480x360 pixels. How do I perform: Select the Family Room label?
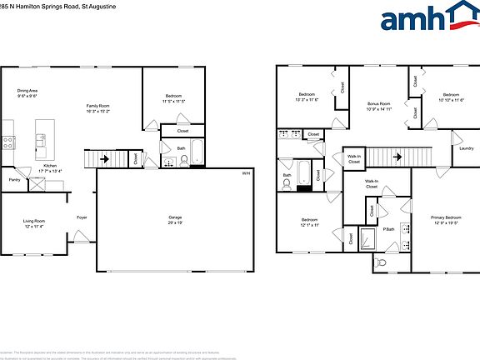click(98, 106)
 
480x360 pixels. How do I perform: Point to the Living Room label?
click(34, 221)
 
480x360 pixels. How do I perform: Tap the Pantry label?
click(14, 179)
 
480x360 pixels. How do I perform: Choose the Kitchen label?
click(50, 166)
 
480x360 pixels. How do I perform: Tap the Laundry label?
click(466, 148)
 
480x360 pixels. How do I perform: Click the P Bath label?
click(388, 228)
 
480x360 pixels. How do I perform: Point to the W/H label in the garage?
click(246, 173)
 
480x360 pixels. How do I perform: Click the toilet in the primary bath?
click(381, 262)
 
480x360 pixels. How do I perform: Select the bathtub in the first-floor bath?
click(197, 152)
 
